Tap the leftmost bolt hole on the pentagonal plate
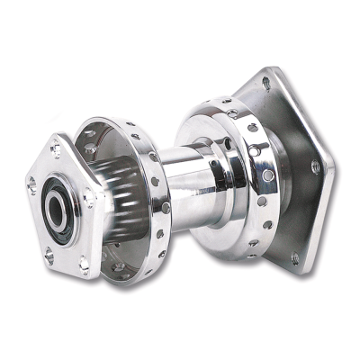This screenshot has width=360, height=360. point(32,185)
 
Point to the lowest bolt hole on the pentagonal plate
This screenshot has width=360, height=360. point(83,264)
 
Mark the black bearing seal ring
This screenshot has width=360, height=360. point(50,205)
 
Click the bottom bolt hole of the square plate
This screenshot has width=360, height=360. point(294,256)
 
